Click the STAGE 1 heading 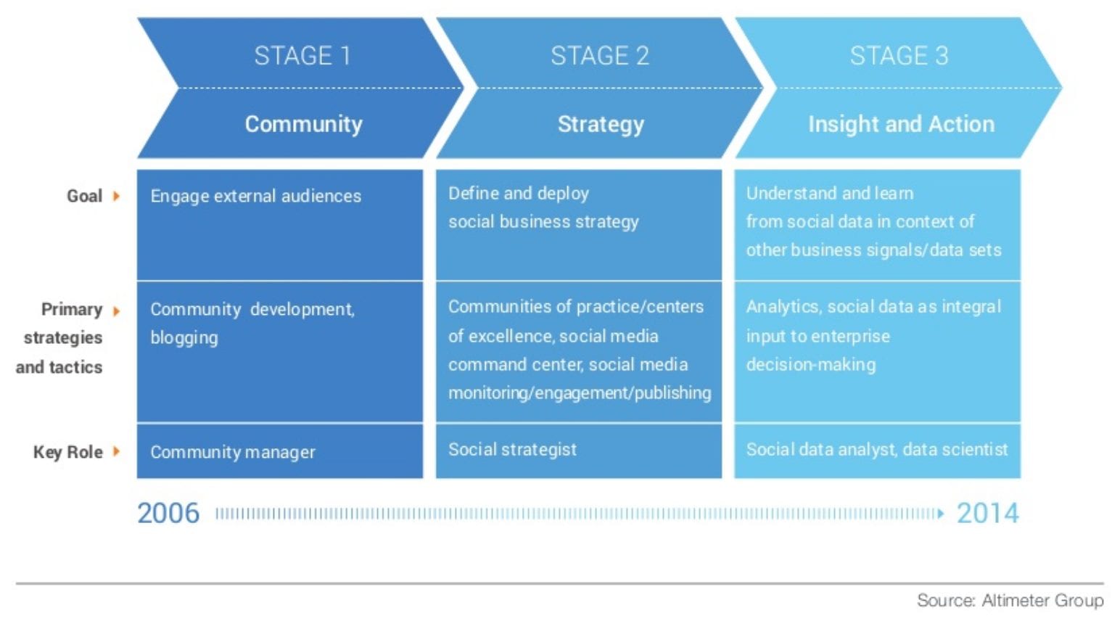(x=302, y=55)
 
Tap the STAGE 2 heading (x=600, y=55)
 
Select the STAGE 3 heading (x=899, y=55)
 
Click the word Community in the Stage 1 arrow (x=303, y=124)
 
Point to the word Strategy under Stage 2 (x=601, y=125)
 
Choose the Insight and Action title (x=902, y=124)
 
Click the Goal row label (x=84, y=196)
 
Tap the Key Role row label (x=68, y=452)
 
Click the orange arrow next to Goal (x=116, y=196)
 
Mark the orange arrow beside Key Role (x=116, y=451)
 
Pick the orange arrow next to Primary (x=116, y=311)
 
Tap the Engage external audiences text (x=255, y=196)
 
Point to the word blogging (x=184, y=338)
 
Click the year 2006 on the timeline (x=168, y=513)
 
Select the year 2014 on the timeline (x=988, y=513)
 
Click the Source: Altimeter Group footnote (x=1010, y=600)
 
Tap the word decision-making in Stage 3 (x=811, y=365)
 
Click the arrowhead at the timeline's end (x=940, y=514)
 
